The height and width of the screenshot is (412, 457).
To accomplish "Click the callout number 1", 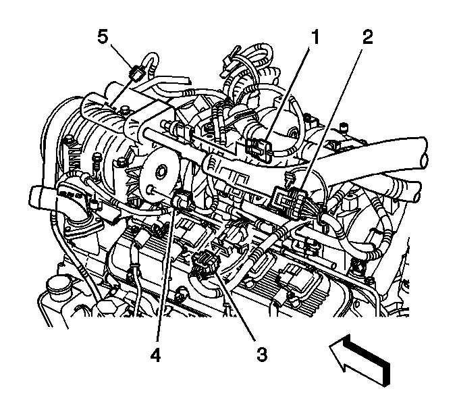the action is pos(314,38).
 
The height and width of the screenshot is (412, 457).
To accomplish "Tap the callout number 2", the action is pos(367,38).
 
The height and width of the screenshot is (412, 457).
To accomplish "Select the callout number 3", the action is pos(262,355).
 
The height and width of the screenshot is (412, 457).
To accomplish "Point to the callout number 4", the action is pos(156,355).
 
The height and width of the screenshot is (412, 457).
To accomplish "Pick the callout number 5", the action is pos(103,38).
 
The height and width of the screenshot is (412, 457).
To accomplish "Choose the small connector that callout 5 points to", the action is pos(137,74).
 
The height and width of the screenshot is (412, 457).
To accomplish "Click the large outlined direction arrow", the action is pos(360,361).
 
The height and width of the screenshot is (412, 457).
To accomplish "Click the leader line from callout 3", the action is pos(235,304).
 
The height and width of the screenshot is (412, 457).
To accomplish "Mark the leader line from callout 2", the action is pos(331,121).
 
